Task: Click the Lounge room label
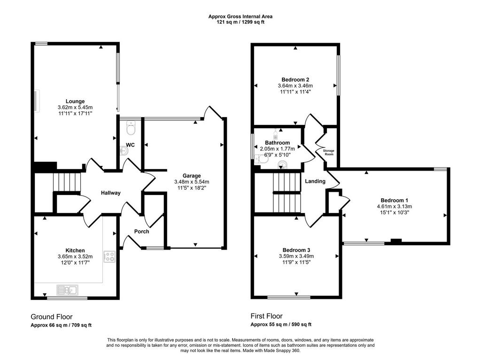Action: click(75, 101)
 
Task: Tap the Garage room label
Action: click(192, 176)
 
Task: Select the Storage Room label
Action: click(329, 153)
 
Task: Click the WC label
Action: click(131, 145)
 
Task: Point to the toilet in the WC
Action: click(131, 128)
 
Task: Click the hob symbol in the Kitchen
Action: click(109, 257)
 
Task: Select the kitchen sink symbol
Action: click(68, 290)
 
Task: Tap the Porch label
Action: click(142, 231)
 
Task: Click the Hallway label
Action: click(111, 193)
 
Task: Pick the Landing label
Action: click(315, 181)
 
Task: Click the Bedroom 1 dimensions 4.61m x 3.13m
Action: click(395, 206)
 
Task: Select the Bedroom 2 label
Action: click(295, 80)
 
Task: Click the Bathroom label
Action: click(277, 143)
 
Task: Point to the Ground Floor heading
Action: click(52, 317)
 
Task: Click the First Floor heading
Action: click(267, 316)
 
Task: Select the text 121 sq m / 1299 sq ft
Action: click(240, 22)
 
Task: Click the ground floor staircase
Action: click(67, 182)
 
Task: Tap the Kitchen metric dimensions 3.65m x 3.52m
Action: click(75, 257)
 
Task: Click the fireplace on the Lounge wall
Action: click(37, 101)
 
